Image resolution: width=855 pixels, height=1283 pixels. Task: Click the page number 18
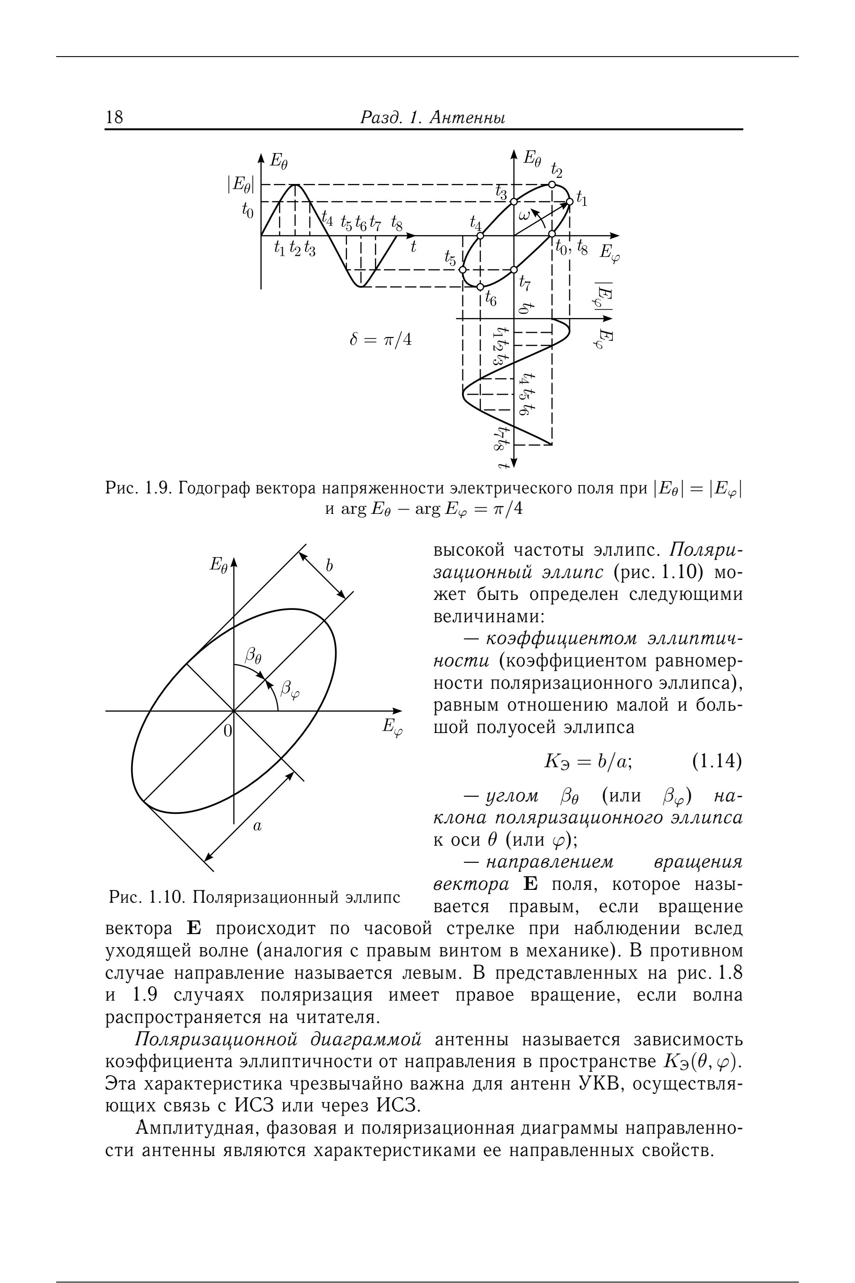tap(115, 117)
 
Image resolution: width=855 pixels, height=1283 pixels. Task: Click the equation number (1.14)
tap(717, 762)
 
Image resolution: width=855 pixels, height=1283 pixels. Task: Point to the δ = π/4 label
tap(381, 340)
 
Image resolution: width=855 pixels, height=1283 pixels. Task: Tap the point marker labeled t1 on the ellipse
tap(569, 202)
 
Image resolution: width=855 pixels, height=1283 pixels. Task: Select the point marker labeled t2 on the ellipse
tap(552, 184)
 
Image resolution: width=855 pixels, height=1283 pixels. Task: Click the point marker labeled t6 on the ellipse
tap(480, 287)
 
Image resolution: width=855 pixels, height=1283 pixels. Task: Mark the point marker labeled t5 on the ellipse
tap(462, 270)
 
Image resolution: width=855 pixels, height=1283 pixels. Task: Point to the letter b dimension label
tap(329, 566)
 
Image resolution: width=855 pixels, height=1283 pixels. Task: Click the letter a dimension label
tap(258, 827)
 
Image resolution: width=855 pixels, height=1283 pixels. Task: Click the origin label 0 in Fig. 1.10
tap(227, 730)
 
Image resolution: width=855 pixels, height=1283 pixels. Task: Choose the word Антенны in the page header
tap(467, 117)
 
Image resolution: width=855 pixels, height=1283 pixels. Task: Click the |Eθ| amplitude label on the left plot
tap(240, 185)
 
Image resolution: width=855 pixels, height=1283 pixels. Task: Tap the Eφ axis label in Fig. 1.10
tap(392, 727)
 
